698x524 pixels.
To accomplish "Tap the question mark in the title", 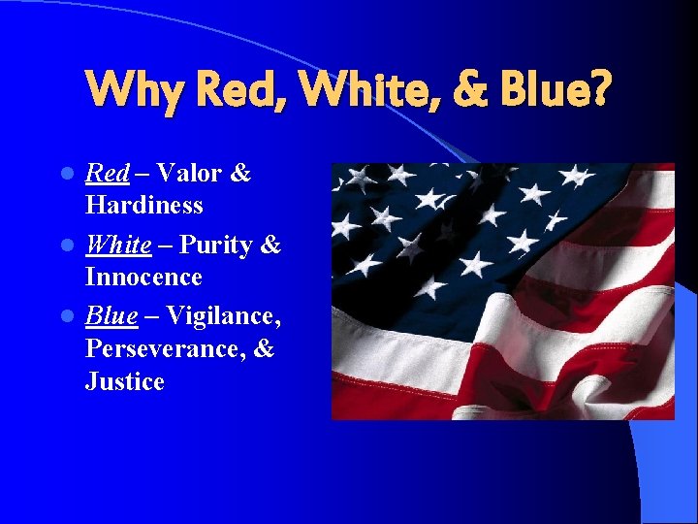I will (601, 89).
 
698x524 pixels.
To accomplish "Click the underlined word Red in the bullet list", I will (108, 174).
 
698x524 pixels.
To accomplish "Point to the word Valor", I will (190, 174).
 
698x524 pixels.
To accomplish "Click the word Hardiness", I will (144, 206).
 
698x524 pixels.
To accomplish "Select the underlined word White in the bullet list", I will (119, 245).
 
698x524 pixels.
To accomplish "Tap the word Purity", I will (218, 246).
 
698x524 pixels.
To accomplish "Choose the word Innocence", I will (143, 278).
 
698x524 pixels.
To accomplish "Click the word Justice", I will (125, 381).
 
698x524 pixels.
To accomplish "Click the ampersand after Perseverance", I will (263, 349).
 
